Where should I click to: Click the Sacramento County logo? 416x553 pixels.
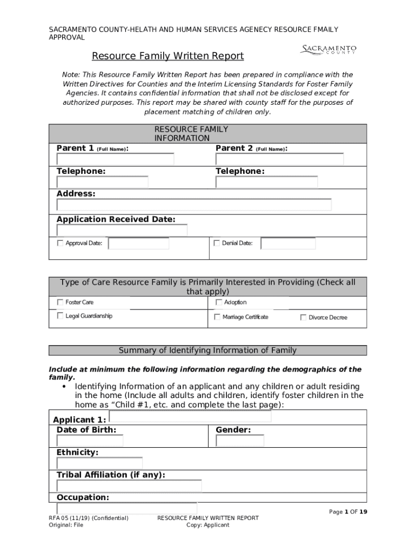(x=328, y=50)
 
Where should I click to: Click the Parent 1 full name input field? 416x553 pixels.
(x=116, y=159)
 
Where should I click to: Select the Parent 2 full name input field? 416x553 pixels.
(x=279, y=159)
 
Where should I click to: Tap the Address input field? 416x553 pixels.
(x=194, y=205)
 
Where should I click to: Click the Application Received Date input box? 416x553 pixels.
(x=122, y=231)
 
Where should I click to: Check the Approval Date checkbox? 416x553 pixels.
(x=60, y=243)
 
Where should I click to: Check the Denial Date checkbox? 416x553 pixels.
(x=217, y=243)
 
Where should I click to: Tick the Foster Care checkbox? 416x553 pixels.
(x=60, y=302)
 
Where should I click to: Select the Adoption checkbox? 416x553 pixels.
(x=219, y=302)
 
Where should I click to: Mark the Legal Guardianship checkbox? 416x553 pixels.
(x=60, y=316)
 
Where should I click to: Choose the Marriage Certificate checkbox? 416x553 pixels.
(x=217, y=317)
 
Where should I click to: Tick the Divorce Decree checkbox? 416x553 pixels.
(x=303, y=318)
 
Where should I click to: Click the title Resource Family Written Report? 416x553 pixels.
(x=167, y=56)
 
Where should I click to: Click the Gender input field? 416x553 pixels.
(x=240, y=441)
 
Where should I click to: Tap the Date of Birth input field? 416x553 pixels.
(x=90, y=441)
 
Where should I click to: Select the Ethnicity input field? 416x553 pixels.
(x=100, y=463)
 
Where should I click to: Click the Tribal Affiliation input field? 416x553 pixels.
(x=129, y=486)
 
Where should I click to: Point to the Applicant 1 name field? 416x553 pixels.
(x=190, y=416)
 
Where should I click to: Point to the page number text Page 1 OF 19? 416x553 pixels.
(x=348, y=512)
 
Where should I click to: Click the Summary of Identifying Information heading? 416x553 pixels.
(x=207, y=350)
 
